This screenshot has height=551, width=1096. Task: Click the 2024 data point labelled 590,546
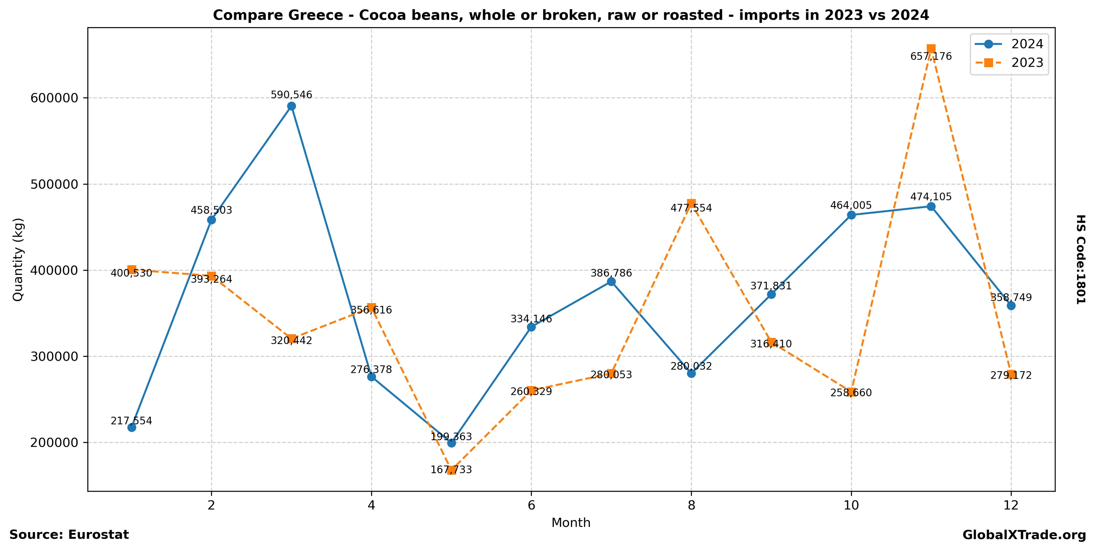click(292, 106)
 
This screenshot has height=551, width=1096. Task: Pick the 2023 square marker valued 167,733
click(451, 470)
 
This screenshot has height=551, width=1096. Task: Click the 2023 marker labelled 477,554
click(691, 203)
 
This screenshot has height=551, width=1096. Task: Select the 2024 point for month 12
click(1011, 306)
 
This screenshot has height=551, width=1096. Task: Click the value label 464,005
click(851, 205)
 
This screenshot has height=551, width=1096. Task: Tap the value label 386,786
click(611, 273)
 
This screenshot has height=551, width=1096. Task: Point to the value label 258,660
click(851, 393)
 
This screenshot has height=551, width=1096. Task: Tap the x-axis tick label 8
click(691, 505)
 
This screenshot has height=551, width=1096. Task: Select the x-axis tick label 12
click(1011, 505)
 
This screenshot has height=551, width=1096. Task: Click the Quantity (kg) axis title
click(18, 259)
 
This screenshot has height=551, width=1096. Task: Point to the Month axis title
click(571, 522)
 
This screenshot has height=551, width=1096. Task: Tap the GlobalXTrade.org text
click(1024, 535)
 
